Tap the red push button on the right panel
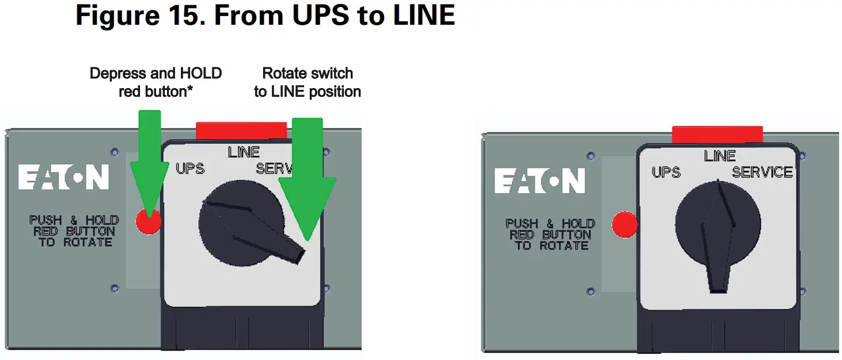click(x=624, y=225)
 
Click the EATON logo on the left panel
click(x=63, y=177)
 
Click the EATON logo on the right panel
click(x=540, y=181)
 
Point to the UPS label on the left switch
click(x=190, y=169)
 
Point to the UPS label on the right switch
click(x=666, y=172)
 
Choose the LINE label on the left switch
click(x=244, y=152)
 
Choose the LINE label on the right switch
click(x=719, y=156)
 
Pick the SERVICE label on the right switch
click(x=762, y=172)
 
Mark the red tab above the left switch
click(x=241, y=130)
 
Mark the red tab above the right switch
click(x=717, y=134)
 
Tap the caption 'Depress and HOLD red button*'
click(x=155, y=82)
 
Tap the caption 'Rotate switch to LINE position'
click(x=308, y=82)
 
